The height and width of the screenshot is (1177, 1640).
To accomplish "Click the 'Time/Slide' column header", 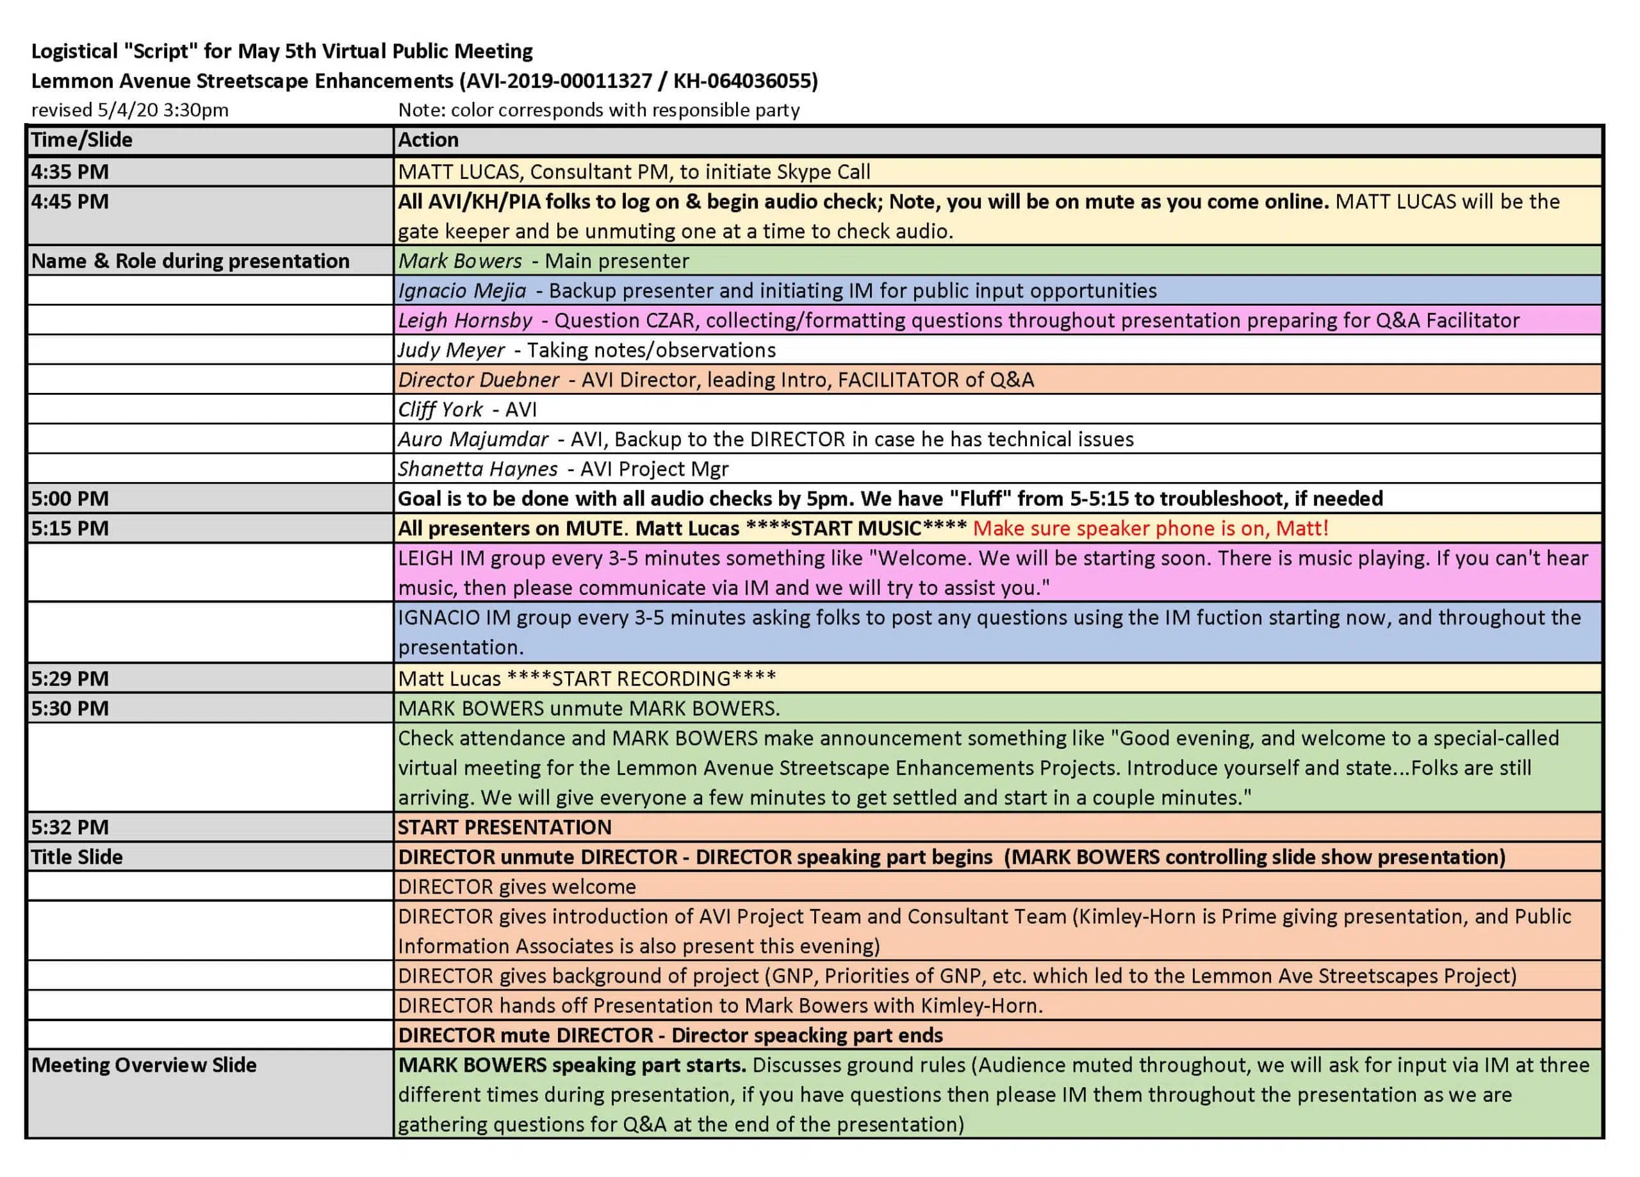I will (x=81, y=140).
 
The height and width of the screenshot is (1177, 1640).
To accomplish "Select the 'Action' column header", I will (x=428, y=140).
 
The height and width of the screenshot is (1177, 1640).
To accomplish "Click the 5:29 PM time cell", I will (x=69, y=678).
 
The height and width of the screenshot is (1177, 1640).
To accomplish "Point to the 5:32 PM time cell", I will (x=69, y=828).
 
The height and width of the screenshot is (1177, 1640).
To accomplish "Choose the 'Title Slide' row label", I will (x=77, y=857).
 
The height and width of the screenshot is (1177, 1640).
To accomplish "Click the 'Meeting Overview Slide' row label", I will (x=143, y=1065).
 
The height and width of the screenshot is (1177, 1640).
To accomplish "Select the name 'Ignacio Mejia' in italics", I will (x=462, y=291).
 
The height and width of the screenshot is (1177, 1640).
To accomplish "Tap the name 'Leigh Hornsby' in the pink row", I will (x=465, y=321).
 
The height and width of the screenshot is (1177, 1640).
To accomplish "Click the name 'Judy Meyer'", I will (x=450, y=350).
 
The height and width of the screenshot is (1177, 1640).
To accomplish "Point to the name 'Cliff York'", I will (x=439, y=410).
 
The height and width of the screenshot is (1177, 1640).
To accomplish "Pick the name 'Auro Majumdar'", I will (x=473, y=439).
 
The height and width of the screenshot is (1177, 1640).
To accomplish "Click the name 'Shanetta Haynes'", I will (x=477, y=469).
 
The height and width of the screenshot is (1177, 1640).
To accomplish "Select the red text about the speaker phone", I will (x=1151, y=529).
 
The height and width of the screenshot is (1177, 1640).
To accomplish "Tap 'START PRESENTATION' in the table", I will (x=504, y=828).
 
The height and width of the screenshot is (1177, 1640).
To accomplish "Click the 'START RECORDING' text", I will (x=641, y=678).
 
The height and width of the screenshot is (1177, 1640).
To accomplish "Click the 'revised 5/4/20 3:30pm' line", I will (x=129, y=110).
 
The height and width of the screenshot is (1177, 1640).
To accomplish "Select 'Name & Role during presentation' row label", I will (x=190, y=261).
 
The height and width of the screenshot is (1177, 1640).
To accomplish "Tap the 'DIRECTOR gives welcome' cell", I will (x=516, y=887).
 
